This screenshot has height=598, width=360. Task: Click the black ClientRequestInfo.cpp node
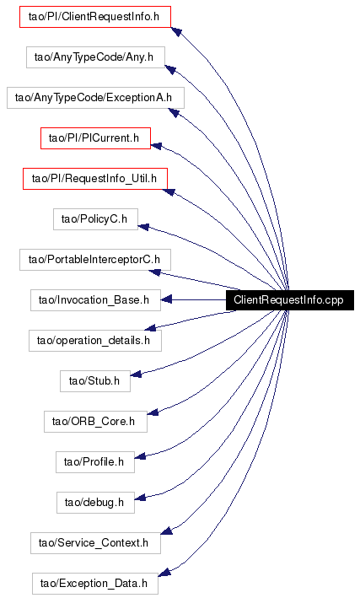(290, 299)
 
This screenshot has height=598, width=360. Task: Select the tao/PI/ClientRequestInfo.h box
(95, 17)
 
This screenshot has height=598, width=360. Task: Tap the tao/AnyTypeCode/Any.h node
(95, 57)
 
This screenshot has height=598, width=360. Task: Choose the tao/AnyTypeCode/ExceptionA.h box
(95, 98)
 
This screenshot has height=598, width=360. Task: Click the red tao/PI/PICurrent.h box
(95, 138)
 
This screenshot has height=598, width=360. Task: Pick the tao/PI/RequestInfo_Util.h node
(95, 179)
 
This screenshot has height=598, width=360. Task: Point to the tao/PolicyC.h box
(95, 219)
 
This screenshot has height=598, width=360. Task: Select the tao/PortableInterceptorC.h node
(95, 259)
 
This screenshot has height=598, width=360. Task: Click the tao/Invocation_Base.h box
(95, 299)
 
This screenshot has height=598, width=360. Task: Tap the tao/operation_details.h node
(95, 340)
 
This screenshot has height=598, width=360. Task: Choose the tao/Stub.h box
(95, 380)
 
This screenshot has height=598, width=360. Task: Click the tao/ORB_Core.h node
(95, 421)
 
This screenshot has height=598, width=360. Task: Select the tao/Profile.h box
(95, 461)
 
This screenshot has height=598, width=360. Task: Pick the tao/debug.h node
(95, 502)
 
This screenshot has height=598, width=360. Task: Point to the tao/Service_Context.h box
(95, 542)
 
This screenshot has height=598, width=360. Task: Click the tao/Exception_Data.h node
(95, 583)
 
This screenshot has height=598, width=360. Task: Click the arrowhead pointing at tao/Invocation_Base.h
(166, 299)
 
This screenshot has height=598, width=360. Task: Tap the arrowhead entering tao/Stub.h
(136, 374)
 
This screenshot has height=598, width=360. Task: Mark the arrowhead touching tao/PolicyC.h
(143, 227)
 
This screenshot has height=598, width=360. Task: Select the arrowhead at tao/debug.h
(140, 498)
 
